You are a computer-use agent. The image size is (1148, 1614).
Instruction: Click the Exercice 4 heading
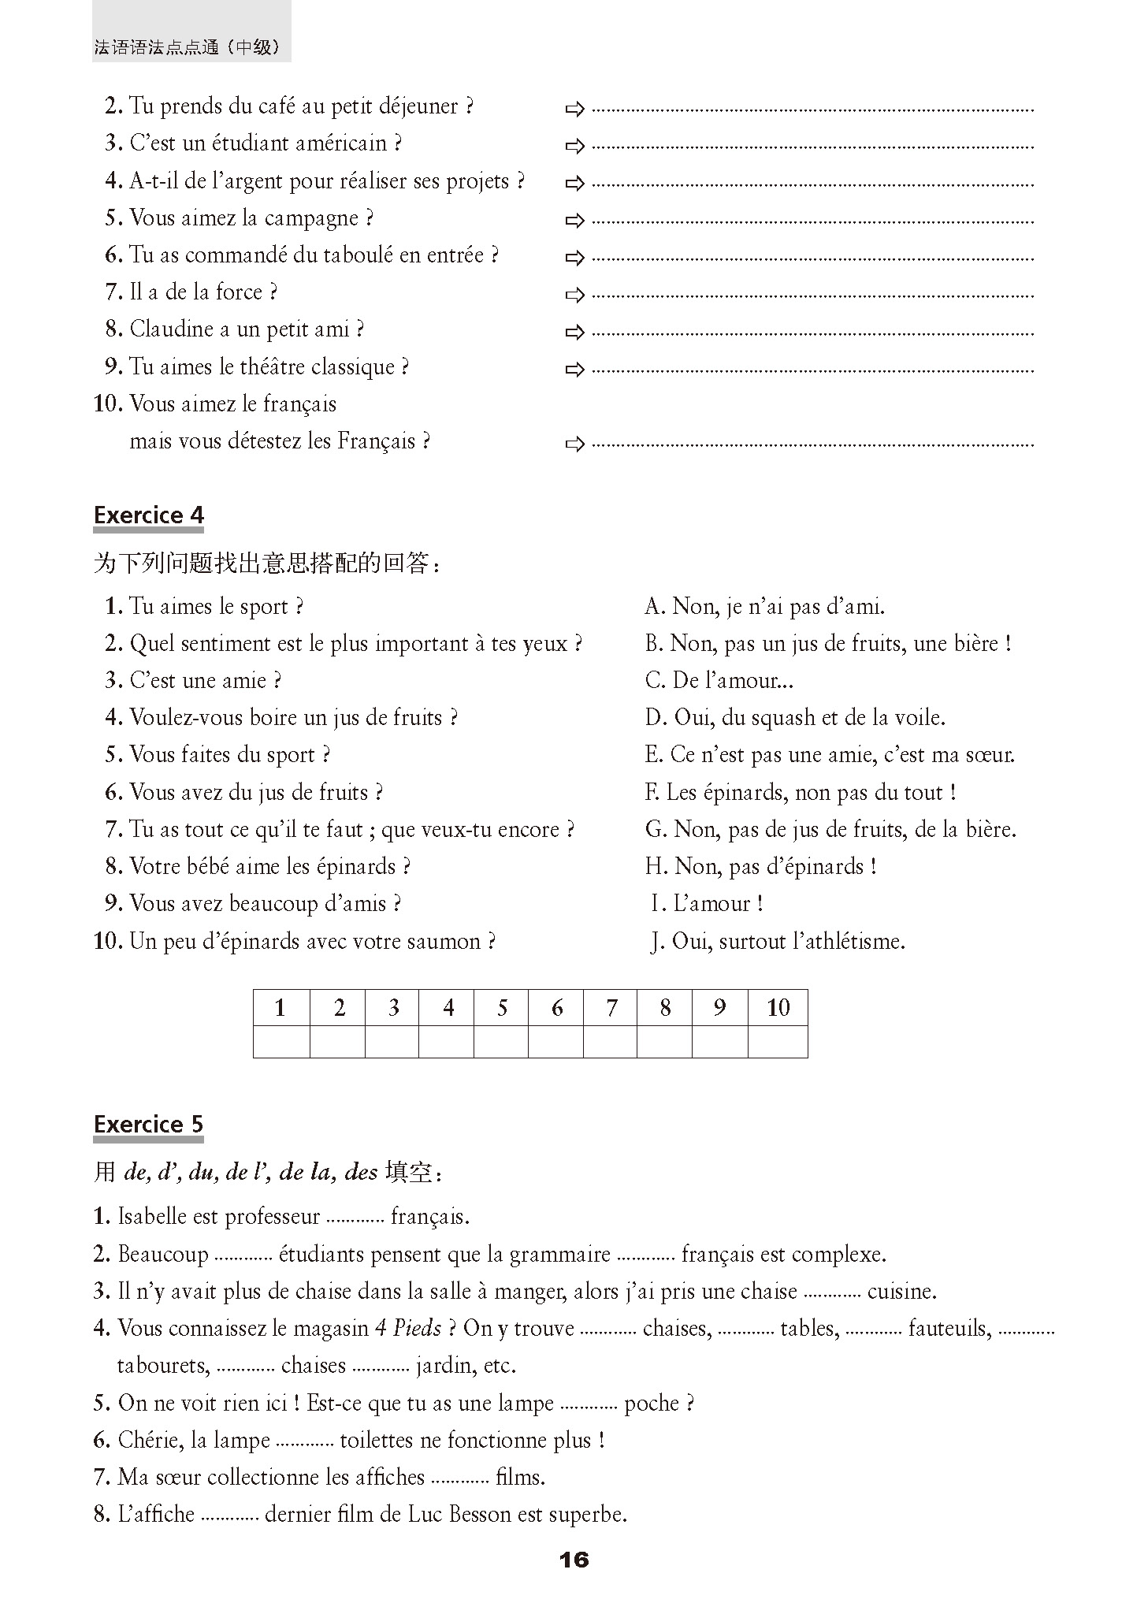click(x=149, y=515)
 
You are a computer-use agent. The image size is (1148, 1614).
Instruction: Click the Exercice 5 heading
click(x=149, y=1124)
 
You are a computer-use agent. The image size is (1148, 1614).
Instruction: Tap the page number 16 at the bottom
click(x=574, y=1560)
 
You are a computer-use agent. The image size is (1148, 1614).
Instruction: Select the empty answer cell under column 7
click(x=610, y=1041)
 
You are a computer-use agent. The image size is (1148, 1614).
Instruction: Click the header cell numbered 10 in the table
click(x=778, y=1007)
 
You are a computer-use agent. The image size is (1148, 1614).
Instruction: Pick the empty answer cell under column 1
click(x=281, y=1041)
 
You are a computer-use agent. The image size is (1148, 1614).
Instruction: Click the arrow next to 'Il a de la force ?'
click(x=575, y=295)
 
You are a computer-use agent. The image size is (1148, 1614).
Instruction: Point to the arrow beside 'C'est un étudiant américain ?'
click(x=575, y=146)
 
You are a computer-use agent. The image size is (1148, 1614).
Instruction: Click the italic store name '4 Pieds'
click(x=407, y=1329)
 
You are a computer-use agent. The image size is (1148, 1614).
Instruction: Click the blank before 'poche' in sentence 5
click(x=589, y=1404)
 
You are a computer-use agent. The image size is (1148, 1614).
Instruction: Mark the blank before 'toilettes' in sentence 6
click(x=305, y=1441)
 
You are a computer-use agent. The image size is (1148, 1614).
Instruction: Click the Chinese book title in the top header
click(x=187, y=47)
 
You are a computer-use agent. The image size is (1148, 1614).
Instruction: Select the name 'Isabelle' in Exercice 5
click(x=152, y=1216)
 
